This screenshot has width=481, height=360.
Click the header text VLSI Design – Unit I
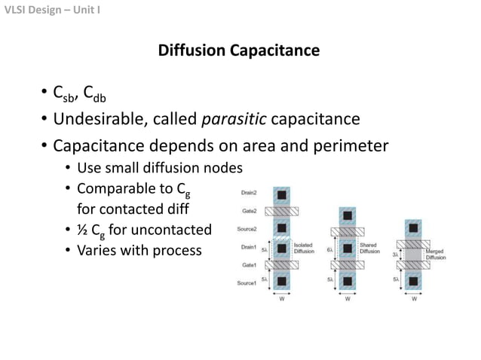click(x=52, y=10)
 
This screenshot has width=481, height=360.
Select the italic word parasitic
click(x=234, y=119)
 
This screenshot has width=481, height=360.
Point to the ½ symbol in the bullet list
click(x=83, y=230)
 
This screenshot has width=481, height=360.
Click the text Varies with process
click(x=139, y=249)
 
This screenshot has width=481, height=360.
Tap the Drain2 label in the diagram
click(x=249, y=194)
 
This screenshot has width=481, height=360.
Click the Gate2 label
click(x=250, y=211)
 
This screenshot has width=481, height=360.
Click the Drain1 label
click(x=249, y=247)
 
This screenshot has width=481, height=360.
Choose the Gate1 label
click(x=250, y=265)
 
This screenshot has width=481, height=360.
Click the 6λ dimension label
click(x=329, y=249)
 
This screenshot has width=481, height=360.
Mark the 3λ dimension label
click(x=395, y=255)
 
